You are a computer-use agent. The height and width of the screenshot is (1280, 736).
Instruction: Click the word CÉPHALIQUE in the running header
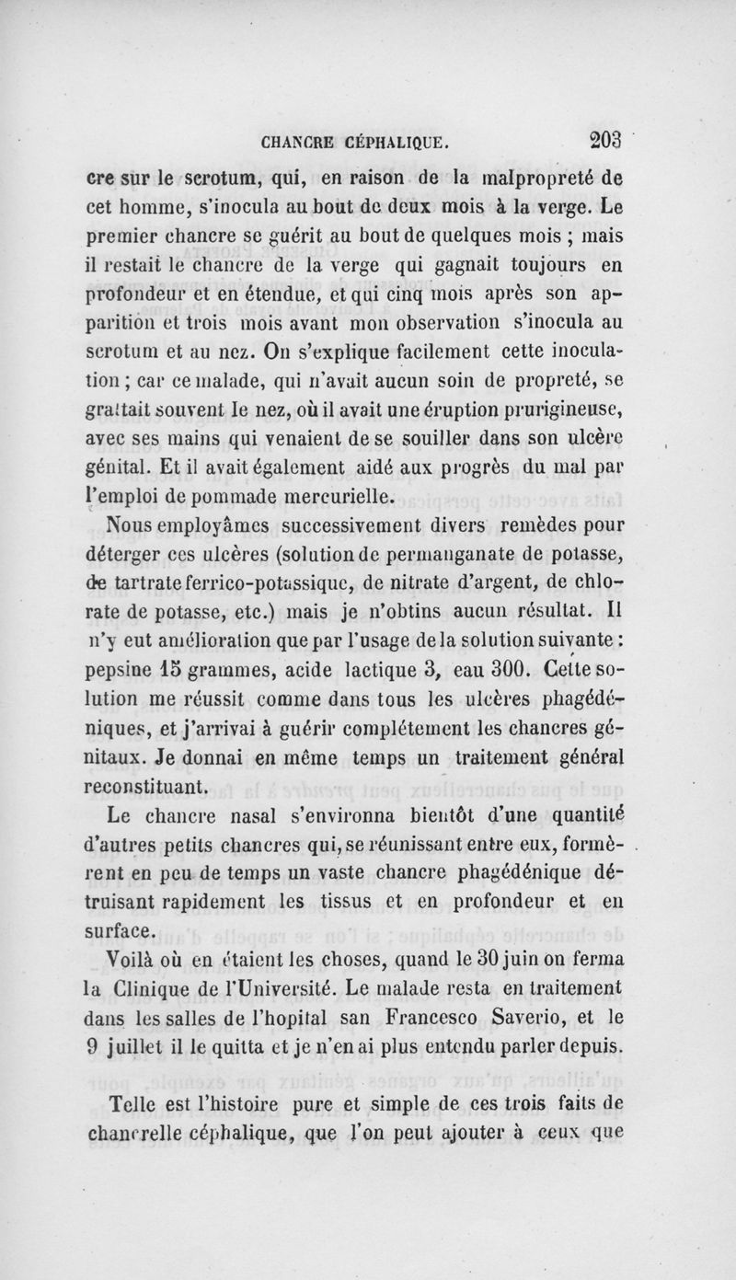pyautogui.click(x=397, y=144)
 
